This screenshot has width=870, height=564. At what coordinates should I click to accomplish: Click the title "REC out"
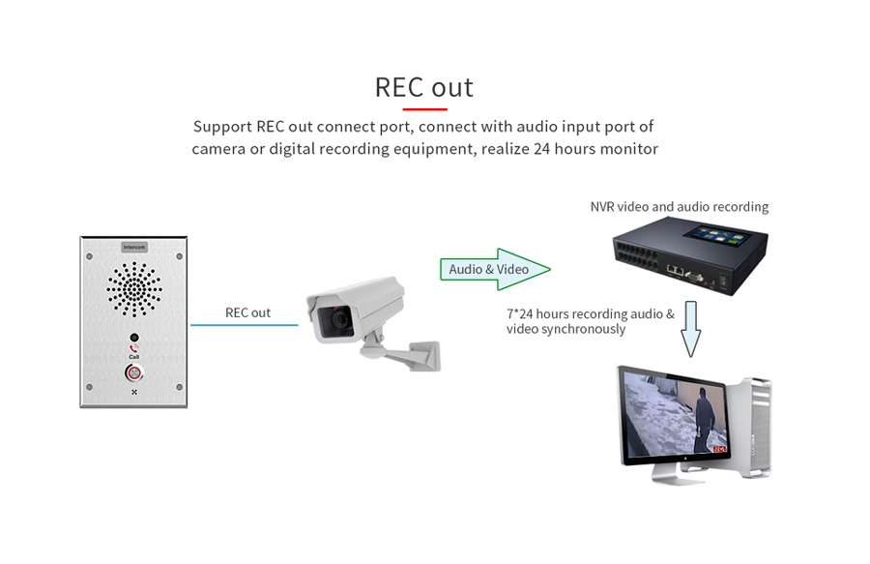pos(424,87)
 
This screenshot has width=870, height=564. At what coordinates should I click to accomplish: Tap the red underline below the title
pos(424,109)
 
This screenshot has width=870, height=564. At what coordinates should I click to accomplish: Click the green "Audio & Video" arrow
pos(493,269)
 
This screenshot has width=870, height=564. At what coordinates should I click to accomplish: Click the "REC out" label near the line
pos(247,312)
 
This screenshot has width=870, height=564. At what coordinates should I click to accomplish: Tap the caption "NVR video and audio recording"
pos(679,207)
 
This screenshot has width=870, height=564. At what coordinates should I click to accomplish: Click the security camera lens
pos(338,319)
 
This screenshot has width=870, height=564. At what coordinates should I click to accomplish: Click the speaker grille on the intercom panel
pos(133,287)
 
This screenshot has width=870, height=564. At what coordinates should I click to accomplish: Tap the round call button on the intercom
pos(133,373)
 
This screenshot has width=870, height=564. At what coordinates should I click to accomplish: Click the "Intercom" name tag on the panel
pos(133,248)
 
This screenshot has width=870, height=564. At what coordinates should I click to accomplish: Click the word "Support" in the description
pos(222,128)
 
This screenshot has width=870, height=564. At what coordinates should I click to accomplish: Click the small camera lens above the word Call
pos(133,339)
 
